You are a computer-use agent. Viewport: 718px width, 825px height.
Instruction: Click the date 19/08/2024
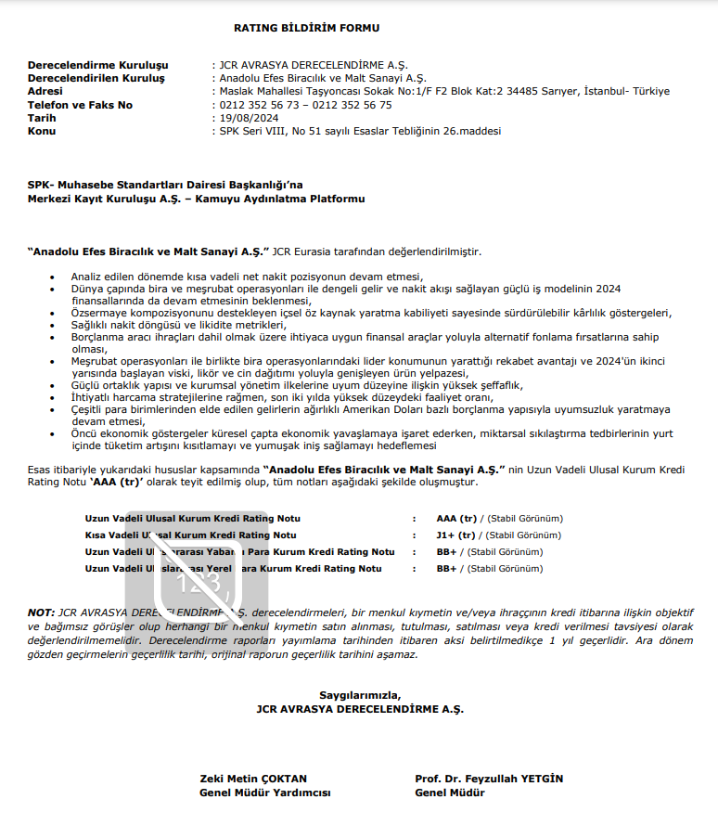pyautogui.click(x=248, y=118)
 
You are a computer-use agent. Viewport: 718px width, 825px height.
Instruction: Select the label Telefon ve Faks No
pyautogui.click(x=80, y=105)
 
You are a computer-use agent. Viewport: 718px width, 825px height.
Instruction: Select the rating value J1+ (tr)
pyautogui.click(x=455, y=535)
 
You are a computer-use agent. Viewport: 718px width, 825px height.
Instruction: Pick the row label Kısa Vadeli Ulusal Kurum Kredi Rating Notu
pyautogui.click(x=191, y=535)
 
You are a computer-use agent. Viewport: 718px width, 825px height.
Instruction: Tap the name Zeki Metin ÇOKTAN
pyautogui.click(x=253, y=779)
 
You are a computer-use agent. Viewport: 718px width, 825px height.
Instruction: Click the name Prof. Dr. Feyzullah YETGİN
pyautogui.click(x=489, y=779)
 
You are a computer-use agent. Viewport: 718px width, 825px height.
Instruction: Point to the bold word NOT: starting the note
pyautogui.click(x=41, y=613)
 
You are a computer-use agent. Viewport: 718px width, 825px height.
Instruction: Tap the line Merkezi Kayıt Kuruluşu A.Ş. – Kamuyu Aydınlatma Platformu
pyautogui.click(x=196, y=199)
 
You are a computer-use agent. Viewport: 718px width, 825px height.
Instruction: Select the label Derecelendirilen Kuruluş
pyautogui.click(x=96, y=78)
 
